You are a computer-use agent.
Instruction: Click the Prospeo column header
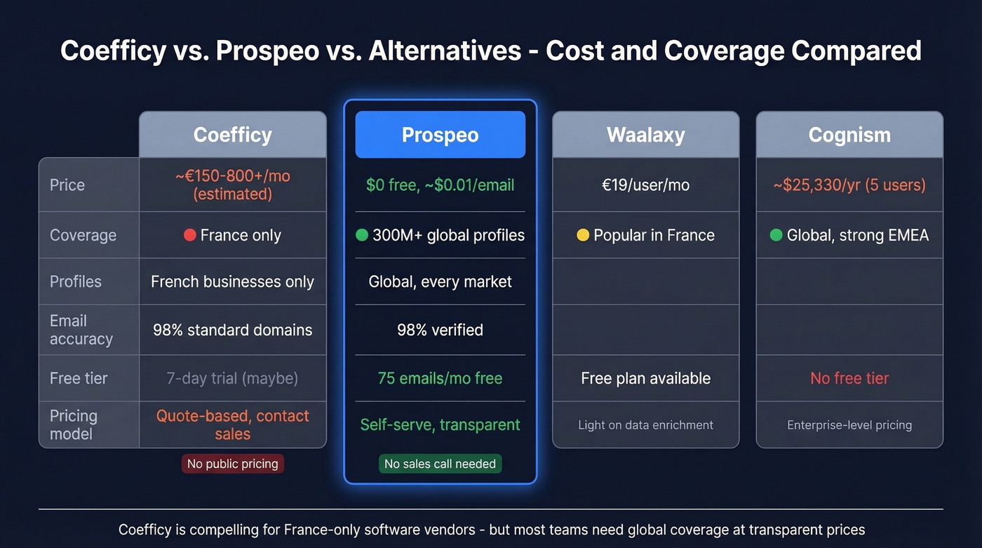tap(440, 135)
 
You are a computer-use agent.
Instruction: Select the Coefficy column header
tap(232, 135)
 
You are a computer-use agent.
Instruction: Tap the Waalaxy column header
tap(645, 135)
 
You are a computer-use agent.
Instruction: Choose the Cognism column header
tap(849, 135)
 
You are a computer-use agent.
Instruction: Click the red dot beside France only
tap(189, 235)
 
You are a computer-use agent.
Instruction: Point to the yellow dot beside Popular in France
tap(582, 235)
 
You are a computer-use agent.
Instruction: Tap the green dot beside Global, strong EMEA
tap(776, 235)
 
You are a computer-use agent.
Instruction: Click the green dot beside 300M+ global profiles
tap(362, 235)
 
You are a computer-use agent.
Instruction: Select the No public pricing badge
tap(232, 464)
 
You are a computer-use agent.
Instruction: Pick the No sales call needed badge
tap(440, 464)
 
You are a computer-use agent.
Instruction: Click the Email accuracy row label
tap(81, 330)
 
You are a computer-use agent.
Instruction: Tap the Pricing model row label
tap(74, 425)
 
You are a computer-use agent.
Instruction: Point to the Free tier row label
tap(79, 378)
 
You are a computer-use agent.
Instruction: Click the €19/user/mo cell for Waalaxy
tap(645, 185)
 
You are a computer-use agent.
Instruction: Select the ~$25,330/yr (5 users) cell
tap(849, 185)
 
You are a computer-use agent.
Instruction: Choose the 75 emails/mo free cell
tap(440, 378)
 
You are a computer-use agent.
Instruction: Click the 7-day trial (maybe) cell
tap(232, 378)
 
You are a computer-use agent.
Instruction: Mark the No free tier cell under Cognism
tap(849, 378)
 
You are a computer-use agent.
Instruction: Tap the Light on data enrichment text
tap(645, 425)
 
